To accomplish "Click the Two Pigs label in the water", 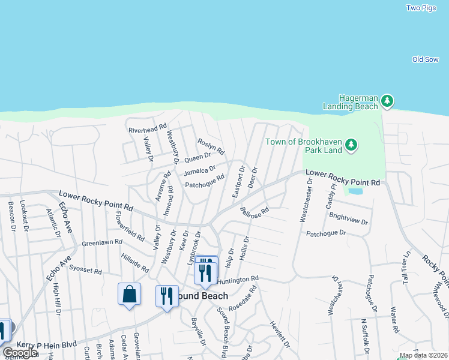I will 420,8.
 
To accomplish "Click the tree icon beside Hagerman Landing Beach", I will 388,101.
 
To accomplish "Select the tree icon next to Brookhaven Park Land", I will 351,145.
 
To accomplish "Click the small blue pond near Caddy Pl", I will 355,191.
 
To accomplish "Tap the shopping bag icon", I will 129,294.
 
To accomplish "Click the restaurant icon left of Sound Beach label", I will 167,296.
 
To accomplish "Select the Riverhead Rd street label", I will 146,129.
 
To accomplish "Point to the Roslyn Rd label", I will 211,146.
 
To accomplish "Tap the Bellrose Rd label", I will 254,212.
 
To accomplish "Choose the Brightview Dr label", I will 349,220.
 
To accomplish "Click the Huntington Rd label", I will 238,280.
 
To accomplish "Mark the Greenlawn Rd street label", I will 102,243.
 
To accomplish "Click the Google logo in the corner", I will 19,353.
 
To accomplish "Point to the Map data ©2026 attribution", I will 423,355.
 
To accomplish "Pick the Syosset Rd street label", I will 85,270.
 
